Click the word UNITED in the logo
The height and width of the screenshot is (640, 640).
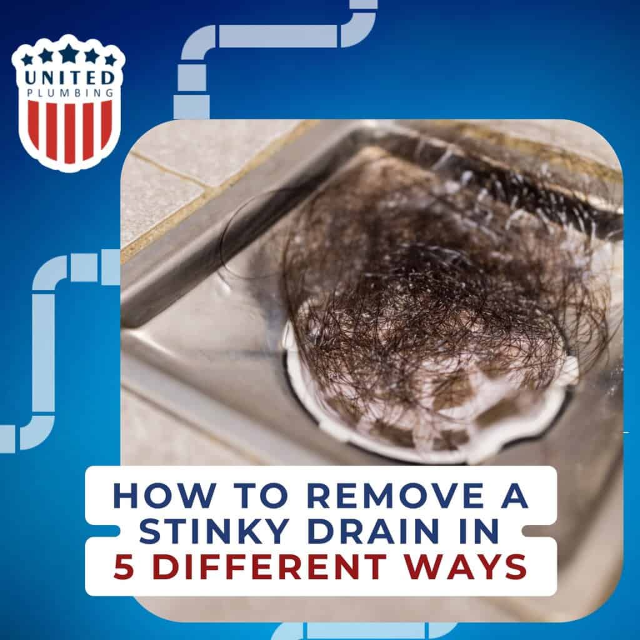(68, 78)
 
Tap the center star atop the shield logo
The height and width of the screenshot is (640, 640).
(68, 52)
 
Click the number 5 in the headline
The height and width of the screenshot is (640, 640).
(124, 566)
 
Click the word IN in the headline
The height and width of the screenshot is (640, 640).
(479, 531)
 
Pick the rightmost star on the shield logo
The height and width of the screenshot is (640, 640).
(110, 60)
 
